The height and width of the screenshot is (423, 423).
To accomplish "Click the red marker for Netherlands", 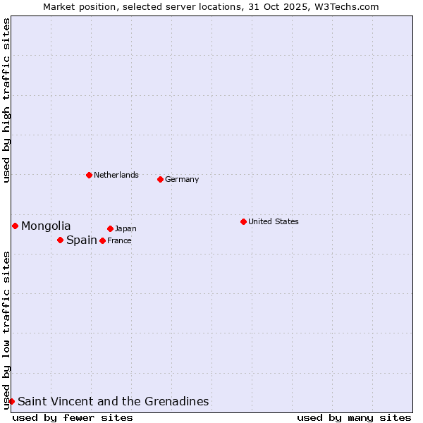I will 89,175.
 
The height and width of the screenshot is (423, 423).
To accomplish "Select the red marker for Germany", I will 160,179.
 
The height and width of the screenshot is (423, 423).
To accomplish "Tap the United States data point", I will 243,221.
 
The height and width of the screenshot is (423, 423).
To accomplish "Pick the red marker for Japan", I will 110,228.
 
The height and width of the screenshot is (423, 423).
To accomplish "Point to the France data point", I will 102,240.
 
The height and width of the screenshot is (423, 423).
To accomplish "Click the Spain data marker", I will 60,240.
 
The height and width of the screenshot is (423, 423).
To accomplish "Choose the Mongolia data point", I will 15,226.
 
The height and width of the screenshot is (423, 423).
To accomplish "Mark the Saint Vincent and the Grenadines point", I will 11,401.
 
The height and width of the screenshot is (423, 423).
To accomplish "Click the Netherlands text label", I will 116,175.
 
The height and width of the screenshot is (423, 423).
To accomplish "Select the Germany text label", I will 182,179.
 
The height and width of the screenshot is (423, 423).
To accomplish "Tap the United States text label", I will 274,221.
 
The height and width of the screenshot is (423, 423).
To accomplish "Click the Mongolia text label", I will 46,226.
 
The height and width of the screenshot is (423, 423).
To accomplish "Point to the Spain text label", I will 82,240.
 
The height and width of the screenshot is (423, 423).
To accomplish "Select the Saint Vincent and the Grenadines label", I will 114,401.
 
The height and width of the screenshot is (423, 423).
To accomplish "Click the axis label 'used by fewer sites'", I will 73,417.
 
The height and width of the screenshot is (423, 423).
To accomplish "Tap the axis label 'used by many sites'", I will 354,417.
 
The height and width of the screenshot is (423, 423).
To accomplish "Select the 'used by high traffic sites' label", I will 6,100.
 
